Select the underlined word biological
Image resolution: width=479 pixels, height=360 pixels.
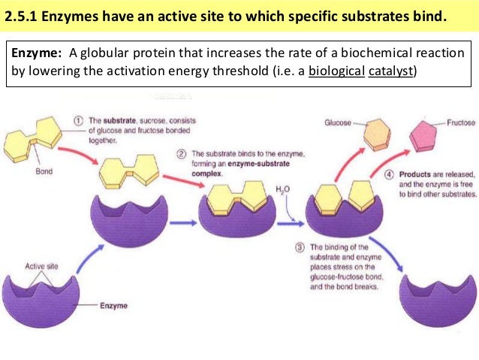coord(328,72)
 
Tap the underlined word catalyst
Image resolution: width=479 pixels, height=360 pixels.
coord(388,72)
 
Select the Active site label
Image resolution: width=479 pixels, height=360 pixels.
coord(41,266)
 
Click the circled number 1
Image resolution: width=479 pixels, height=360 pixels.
coord(78,120)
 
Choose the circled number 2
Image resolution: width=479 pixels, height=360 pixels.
coord(182,153)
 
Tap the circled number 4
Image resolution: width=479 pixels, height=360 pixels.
coord(390,174)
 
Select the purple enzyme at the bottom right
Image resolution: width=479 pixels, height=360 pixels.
coord(436,294)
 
